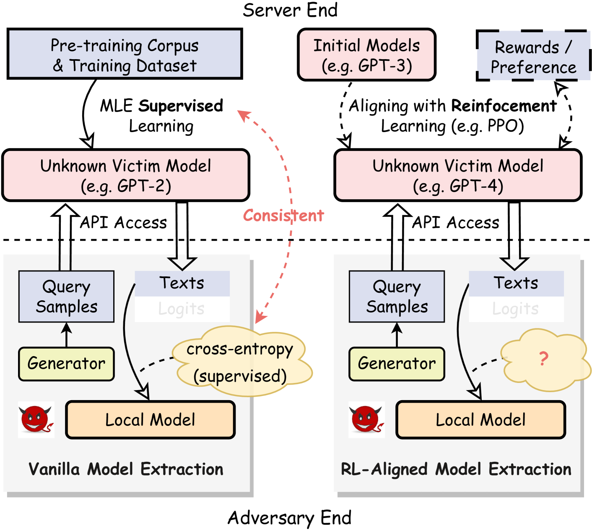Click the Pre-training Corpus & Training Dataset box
tap(125, 54)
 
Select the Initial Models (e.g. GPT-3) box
tap(366, 55)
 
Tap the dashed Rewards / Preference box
tap(533, 56)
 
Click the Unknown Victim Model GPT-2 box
tap(126, 175)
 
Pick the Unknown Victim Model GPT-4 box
tap(458, 175)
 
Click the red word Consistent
tap(283, 216)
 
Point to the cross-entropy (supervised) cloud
tap(241, 362)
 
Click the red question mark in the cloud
tap(543, 359)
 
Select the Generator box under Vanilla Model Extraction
tap(66, 364)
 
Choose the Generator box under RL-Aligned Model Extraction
tap(397, 364)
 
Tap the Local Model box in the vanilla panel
tap(150, 420)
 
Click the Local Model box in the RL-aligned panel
tap(480, 420)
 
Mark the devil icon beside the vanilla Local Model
tap(36, 419)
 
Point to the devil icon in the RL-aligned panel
tap(366, 419)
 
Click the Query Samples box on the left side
tap(66, 297)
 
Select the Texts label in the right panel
tap(516, 284)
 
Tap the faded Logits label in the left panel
tap(182, 309)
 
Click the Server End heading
tap(290, 10)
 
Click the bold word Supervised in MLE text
tap(181, 106)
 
